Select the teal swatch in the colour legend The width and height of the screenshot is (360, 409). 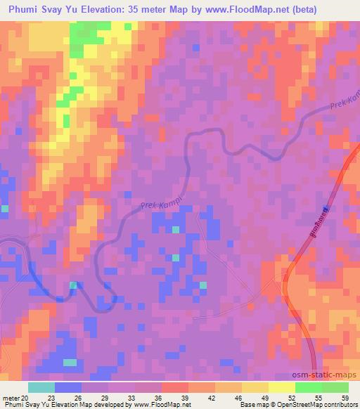[41, 388]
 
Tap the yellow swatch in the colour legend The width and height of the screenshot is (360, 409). [281, 388]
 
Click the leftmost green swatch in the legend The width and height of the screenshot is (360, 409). [308, 388]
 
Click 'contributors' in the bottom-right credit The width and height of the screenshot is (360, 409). [338, 405]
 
